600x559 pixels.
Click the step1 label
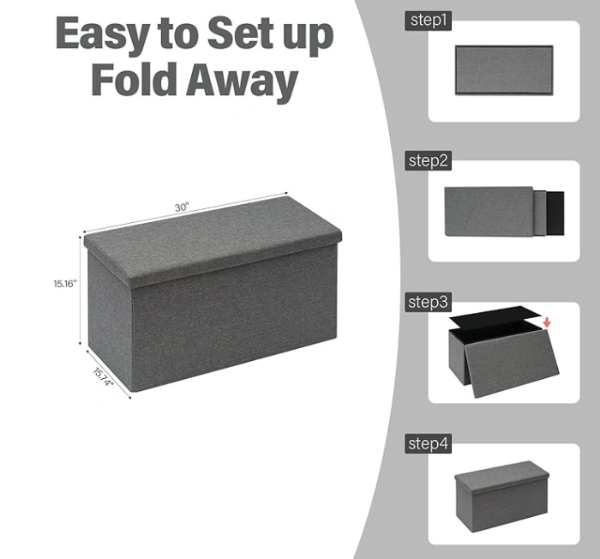tap(429, 21)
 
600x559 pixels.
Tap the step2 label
tap(429, 161)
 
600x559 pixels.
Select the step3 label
tap(429, 302)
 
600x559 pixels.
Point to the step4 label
tap(429, 444)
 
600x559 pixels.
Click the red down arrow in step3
tap(547, 322)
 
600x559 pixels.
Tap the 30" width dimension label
tap(182, 207)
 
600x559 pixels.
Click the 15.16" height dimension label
tap(65, 284)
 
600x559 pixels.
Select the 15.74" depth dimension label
tap(104, 377)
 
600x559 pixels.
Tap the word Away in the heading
tap(242, 82)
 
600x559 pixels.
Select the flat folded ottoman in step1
tap(504, 70)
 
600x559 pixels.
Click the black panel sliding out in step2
tap(555, 213)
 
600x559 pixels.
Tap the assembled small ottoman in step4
tap(502, 496)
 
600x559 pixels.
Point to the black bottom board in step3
tap(495, 316)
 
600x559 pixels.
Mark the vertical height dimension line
tap(81, 291)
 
